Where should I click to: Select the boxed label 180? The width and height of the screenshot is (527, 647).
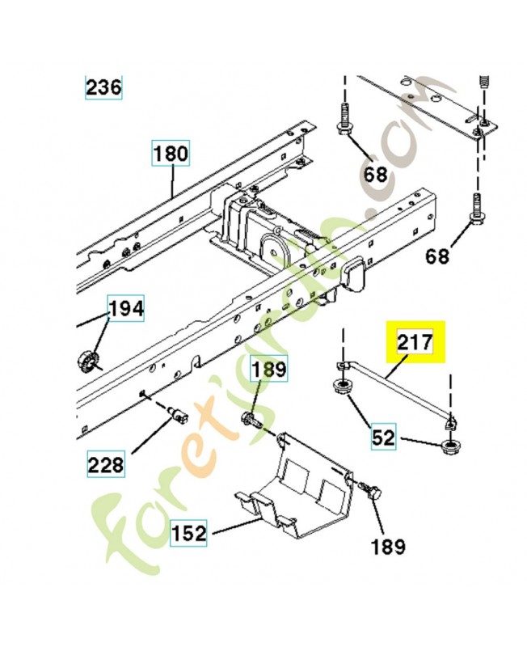pos(171,153)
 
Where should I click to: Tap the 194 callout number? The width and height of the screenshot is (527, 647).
pos(126,309)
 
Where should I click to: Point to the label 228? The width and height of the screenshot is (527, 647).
pos(107,464)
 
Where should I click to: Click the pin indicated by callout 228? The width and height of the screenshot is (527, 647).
pos(177,416)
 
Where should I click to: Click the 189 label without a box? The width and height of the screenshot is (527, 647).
pos(387,548)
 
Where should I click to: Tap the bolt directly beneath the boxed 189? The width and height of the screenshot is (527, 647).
pos(252,420)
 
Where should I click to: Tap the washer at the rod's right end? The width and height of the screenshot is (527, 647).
pos(449,445)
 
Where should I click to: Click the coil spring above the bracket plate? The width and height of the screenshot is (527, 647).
pos(485,82)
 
